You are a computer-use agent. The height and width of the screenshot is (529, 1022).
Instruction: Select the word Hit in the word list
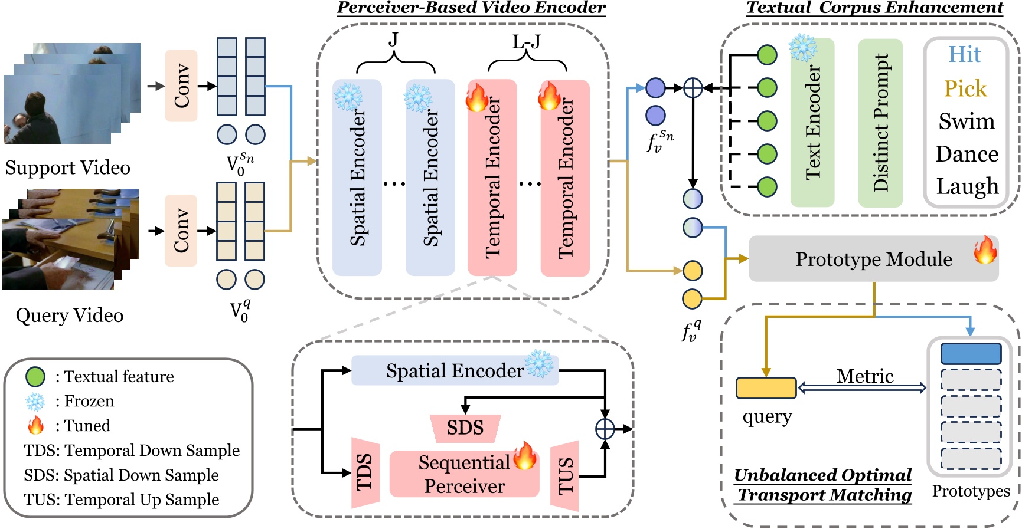(964, 54)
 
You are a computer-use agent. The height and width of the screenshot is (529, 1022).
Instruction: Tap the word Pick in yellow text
(965, 88)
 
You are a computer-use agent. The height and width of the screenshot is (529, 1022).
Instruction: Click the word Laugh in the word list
(967, 186)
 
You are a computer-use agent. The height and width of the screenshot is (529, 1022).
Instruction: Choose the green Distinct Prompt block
(880, 123)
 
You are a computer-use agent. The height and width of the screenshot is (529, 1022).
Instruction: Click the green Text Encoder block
(812, 123)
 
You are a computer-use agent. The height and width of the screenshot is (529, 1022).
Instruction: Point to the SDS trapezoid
(465, 428)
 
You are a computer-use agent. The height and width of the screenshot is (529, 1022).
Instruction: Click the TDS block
(365, 472)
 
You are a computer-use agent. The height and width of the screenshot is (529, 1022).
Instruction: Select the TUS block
(564, 475)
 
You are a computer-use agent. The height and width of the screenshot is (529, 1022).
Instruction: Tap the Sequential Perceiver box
(464, 474)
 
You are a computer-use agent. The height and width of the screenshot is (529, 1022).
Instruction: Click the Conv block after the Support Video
(181, 86)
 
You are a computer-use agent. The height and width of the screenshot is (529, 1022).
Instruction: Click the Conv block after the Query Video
(181, 231)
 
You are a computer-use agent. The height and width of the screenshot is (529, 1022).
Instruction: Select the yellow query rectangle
(766, 388)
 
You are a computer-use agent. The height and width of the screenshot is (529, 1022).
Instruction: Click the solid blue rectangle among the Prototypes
(970, 354)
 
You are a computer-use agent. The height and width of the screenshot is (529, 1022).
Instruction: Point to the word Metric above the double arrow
(864, 376)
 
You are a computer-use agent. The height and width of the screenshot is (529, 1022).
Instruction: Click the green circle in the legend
(35, 376)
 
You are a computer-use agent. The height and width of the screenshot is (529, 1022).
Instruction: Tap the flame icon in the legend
(35, 425)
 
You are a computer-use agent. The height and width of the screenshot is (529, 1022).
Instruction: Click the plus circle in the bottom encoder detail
(605, 429)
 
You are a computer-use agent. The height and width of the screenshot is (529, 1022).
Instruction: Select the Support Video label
(67, 167)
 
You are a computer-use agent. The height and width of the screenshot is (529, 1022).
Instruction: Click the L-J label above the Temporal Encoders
(525, 42)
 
